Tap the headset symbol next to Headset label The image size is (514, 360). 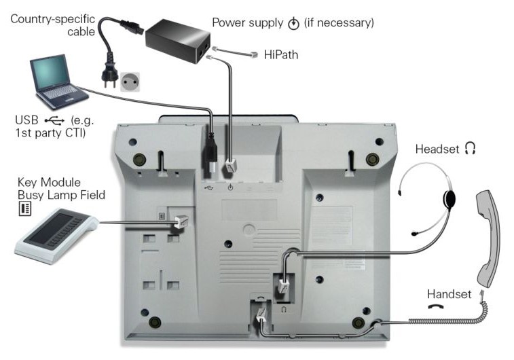[470, 147]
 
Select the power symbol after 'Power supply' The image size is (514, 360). [293, 24]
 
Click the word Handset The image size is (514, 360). [449, 294]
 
